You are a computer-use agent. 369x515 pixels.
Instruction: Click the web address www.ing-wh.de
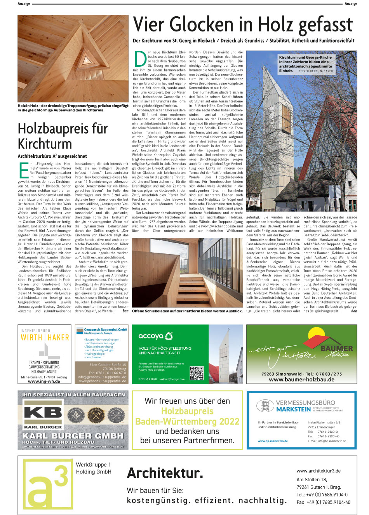point(44,381)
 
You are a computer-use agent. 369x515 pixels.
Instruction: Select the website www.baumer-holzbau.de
point(301,380)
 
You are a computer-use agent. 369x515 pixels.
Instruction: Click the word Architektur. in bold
point(165,473)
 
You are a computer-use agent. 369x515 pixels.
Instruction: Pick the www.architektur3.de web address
point(319,471)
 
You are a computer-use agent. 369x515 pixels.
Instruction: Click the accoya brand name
point(151,336)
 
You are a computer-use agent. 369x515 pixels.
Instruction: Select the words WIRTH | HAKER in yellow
point(45,338)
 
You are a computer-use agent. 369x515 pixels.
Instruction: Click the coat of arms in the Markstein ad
point(265,406)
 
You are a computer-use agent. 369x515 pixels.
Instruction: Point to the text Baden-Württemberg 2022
point(187,421)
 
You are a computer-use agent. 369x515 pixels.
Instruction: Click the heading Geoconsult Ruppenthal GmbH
point(105,329)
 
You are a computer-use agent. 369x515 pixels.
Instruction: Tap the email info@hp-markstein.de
point(327,441)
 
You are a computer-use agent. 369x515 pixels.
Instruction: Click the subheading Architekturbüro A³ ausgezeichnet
point(52,156)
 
